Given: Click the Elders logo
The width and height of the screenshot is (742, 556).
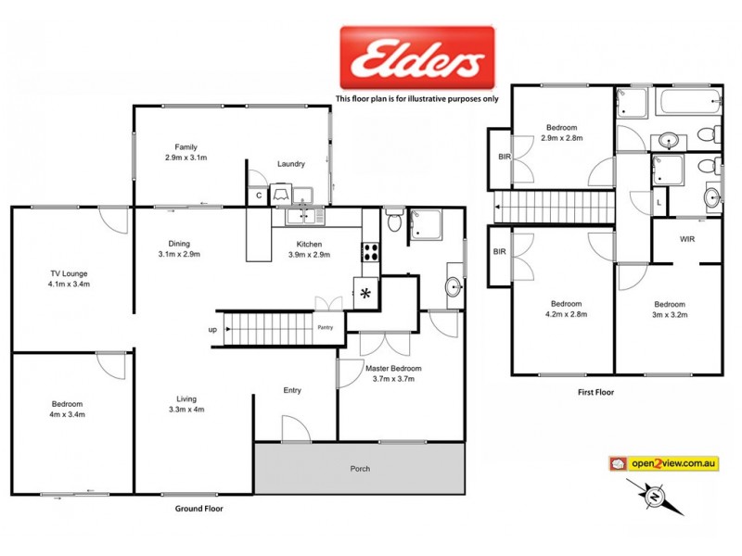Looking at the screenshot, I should [x=416, y=59].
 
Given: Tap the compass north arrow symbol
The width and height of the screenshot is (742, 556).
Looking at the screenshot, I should [x=656, y=498].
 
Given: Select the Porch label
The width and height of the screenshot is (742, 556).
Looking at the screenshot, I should [x=360, y=469].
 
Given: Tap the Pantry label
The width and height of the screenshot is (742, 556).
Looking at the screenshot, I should [x=325, y=327].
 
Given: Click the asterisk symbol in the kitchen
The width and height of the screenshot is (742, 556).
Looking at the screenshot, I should [x=366, y=294].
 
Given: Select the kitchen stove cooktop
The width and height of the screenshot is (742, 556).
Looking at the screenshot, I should [x=371, y=251].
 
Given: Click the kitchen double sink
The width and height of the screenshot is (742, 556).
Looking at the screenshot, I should [x=306, y=217].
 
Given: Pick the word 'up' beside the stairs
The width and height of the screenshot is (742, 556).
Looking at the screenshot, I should [x=212, y=329].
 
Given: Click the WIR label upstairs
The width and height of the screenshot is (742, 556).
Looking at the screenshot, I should [x=687, y=239].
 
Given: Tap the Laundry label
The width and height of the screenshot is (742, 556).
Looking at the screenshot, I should [x=290, y=164].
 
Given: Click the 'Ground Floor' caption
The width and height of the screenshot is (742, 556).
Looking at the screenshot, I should [x=199, y=509].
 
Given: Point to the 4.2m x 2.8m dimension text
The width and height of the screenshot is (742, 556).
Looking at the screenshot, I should [x=565, y=315].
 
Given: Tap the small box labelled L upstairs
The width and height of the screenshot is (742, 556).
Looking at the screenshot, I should [x=659, y=201].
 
